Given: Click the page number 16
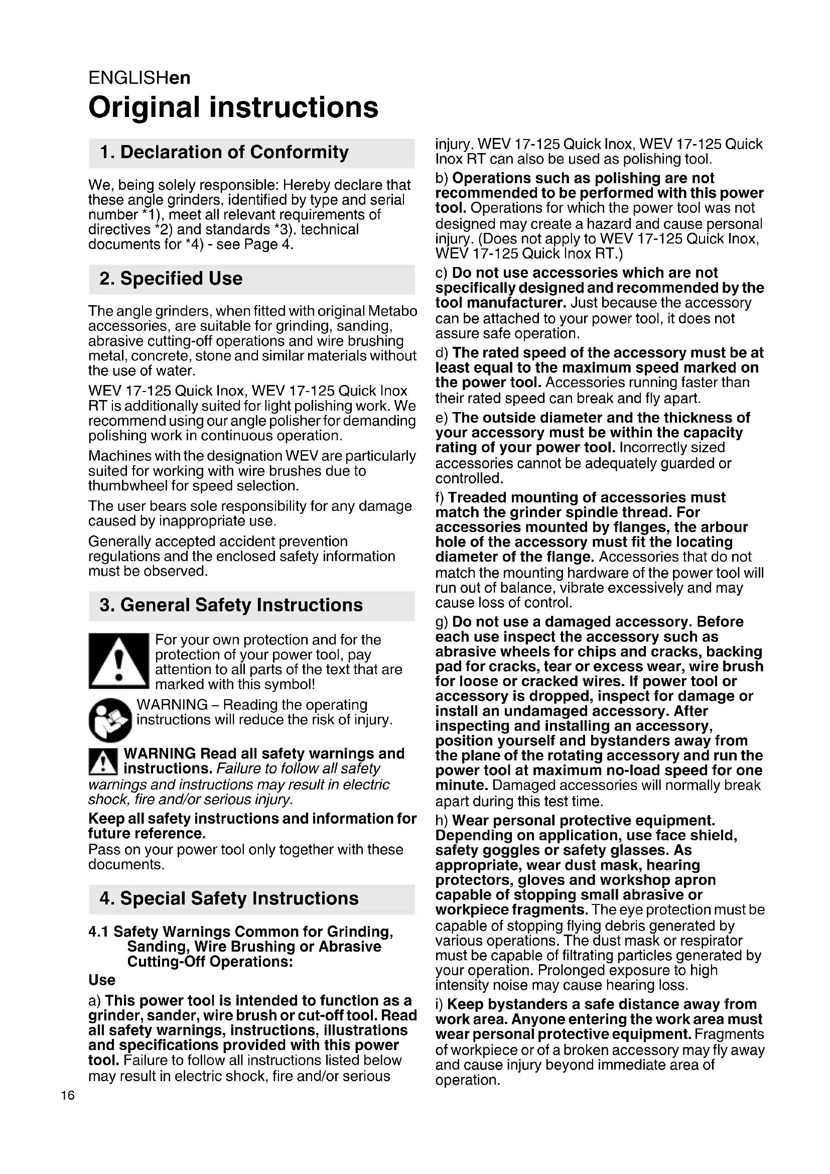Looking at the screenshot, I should click(x=67, y=1095).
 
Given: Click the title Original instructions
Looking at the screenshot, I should click(x=233, y=107).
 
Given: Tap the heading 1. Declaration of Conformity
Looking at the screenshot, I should click(x=224, y=153).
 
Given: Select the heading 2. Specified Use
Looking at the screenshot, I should click(x=171, y=279).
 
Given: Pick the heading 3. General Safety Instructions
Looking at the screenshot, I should click(x=231, y=605).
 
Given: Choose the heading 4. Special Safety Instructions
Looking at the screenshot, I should click(x=229, y=898).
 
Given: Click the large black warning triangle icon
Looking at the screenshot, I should click(x=118, y=661).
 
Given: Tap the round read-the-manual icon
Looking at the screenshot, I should click(x=110, y=719).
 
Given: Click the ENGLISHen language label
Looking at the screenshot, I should click(x=139, y=78).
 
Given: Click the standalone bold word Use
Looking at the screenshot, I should click(x=102, y=980).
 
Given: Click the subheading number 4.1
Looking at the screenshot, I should click(x=99, y=932).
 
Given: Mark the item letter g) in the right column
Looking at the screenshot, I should click(x=442, y=622).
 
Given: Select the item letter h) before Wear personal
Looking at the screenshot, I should click(x=442, y=821).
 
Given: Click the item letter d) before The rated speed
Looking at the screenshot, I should click(x=442, y=353).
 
